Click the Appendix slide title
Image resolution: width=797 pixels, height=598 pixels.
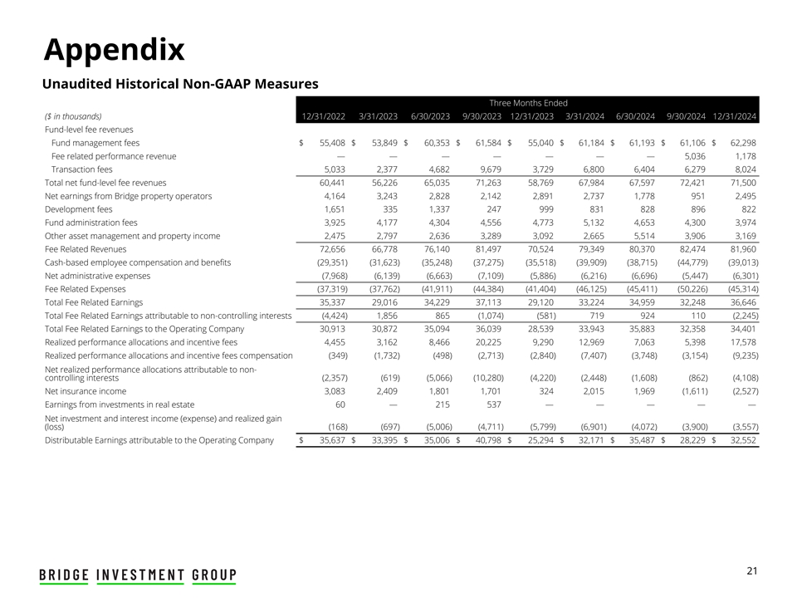point(114,50)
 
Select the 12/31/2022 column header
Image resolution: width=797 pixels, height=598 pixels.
point(323,116)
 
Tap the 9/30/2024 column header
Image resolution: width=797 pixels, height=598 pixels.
point(686,116)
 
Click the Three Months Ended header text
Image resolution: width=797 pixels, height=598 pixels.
point(528,102)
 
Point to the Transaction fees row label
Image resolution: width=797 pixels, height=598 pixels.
point(81,169)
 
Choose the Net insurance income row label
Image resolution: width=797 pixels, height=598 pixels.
point(86,390)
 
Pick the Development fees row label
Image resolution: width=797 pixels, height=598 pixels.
point(79,208)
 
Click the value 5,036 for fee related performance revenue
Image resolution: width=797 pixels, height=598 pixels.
point(691,155)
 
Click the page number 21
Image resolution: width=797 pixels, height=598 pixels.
point(752,570)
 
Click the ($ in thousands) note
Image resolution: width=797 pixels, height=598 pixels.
point(74,116)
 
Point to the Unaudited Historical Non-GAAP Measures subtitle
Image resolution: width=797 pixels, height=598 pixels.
point(180,84)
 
